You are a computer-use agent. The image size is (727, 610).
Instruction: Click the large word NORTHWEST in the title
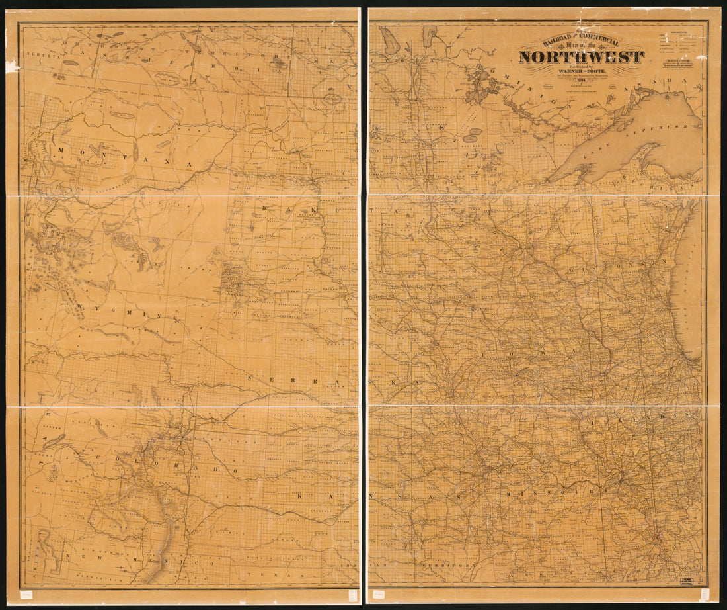click(581, 57)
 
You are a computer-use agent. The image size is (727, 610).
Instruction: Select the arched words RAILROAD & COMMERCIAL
click(581, 42)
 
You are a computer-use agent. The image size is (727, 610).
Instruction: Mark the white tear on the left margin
click(11, 65)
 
